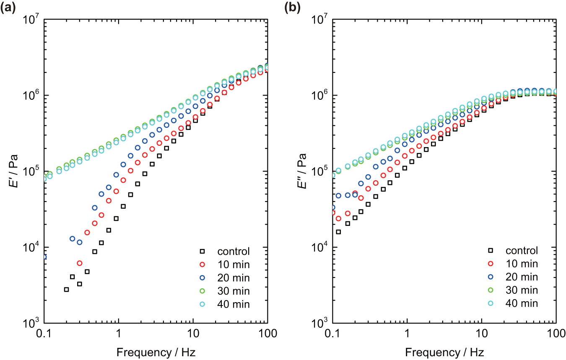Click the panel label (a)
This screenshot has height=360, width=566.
(9, 7)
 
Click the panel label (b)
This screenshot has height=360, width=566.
(293, 7)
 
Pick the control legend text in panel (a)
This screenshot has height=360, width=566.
(234, 251)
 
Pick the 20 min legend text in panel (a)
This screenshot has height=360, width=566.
(233, 278)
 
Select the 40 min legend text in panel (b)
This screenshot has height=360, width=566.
(522, 303)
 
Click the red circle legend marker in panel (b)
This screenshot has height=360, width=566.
(491, 264)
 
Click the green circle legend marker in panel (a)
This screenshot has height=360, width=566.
(202, 291)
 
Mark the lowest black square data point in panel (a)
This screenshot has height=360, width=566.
(66, 290)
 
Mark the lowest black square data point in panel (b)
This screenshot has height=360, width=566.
(338, 232)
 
